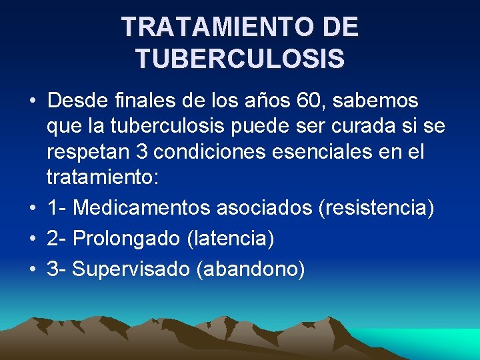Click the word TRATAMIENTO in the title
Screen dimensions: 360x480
pyautogui.click(x=205, y=27)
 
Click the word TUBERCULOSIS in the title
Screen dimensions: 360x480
pyautogui.click(x=240, y=58)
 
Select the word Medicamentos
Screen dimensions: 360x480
pyautogui.click(x=141, y=208)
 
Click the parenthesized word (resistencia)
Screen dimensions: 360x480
pyautogui.click(x=377, y=208)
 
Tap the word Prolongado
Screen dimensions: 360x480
pyautogui.click(x=127, y=238)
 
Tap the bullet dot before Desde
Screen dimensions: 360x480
pyautogui.click(x=32, y=102)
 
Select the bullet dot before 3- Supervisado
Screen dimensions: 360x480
pyautogui.click(x=32, y=270)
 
